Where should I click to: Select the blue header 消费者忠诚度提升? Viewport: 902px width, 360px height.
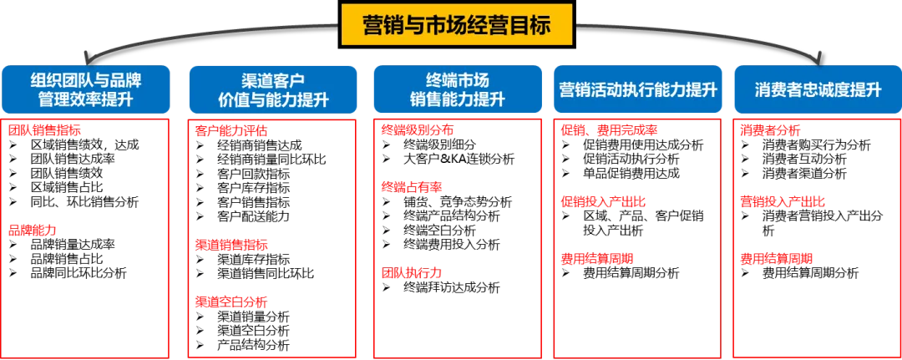(818, 90)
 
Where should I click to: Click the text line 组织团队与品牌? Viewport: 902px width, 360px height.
(87, 80)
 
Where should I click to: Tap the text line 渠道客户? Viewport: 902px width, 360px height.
(273, 80)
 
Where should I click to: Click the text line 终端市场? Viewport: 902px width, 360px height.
(457, 80)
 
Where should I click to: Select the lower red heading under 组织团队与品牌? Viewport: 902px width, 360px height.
(34, 228)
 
